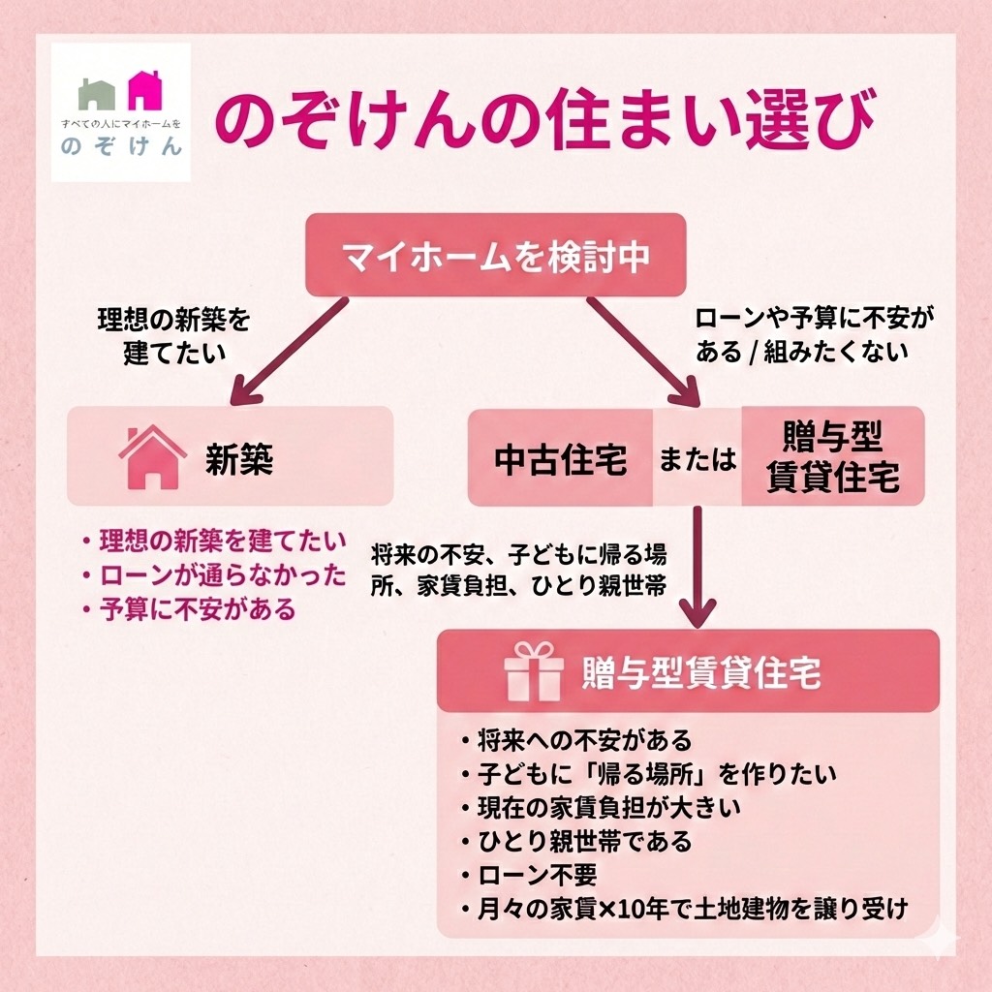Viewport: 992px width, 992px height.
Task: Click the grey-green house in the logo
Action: pyautogui.click(x=97, y=93)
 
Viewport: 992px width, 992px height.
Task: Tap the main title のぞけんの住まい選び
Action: pyautogui.click(x=543, y=121)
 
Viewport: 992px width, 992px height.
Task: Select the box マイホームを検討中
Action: pyautogui.click(x=495, y=256)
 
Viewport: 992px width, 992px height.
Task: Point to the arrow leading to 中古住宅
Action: pyautogui.click(x=644, y=354)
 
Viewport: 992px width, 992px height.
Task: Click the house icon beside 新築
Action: pyautogui.click(x=152, y=459)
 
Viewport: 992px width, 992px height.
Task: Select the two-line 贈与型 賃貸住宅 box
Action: pyautogui.click(x=832, y=457)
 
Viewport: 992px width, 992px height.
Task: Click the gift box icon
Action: pyautogui.click(x=534, y=672)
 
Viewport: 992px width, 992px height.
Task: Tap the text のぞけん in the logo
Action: pyautogui.click(x=120, y=146)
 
